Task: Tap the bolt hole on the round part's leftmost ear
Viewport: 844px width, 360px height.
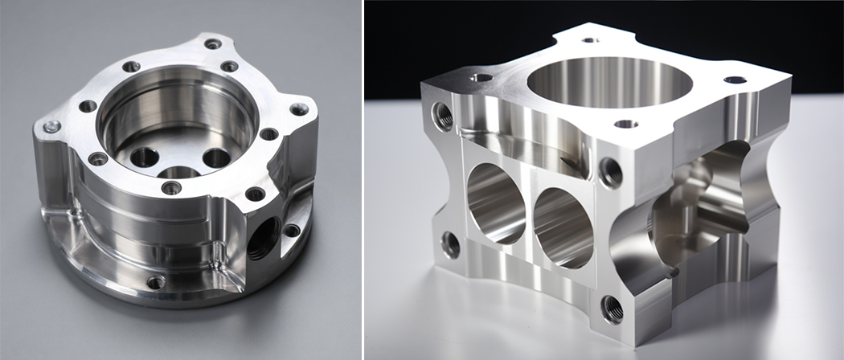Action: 51,126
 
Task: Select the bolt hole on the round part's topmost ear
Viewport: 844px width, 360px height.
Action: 212,43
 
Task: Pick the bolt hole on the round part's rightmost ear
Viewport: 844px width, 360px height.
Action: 299,109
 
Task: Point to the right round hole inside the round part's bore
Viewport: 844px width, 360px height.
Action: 216,157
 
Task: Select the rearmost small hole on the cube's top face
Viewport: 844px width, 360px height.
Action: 591,39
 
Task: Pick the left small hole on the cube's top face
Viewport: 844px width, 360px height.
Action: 482,78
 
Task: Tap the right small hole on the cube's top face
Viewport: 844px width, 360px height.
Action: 734,80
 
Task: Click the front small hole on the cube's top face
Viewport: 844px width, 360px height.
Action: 625,124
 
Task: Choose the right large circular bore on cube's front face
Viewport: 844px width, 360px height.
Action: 563,227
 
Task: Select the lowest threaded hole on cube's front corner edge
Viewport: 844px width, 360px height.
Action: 612,308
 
